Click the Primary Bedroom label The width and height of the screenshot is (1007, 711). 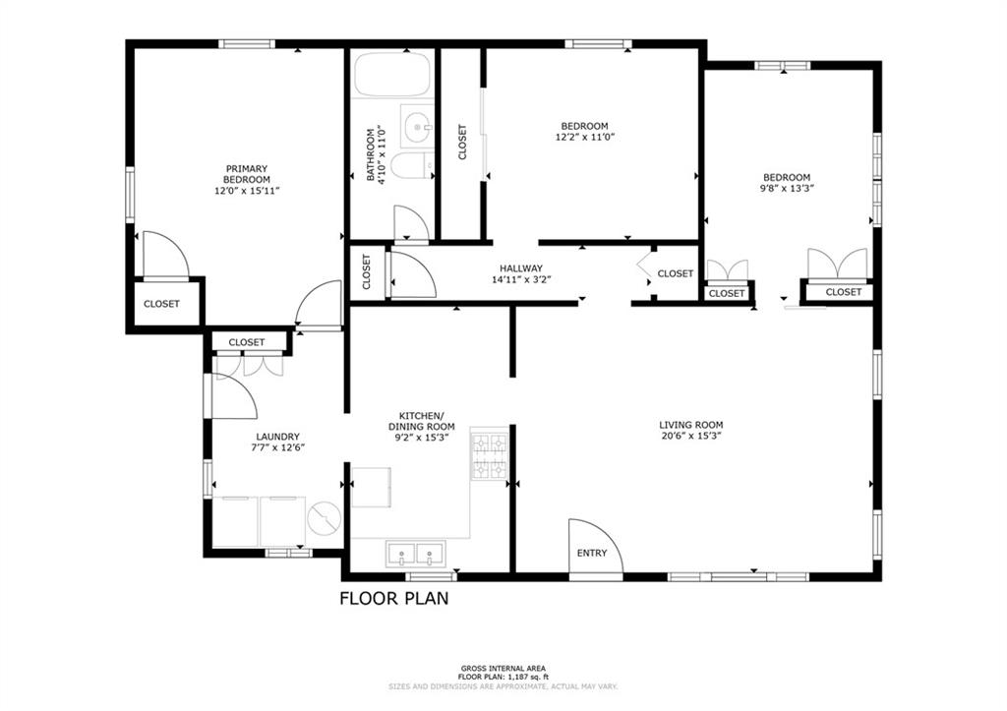tap(247, 174)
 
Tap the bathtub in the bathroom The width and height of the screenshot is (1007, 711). tap(393, 75)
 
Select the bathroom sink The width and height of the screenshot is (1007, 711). tap(417, 125)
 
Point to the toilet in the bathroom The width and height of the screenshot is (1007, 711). tap(413, 166)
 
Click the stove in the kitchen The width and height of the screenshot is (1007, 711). tap(490, 456)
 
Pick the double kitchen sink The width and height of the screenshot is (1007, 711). tap(416, 553)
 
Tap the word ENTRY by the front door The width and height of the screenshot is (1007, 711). tap(591, 553)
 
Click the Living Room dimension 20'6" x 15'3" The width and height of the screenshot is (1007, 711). tap(691, 436)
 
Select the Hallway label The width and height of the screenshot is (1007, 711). tap(521, 268)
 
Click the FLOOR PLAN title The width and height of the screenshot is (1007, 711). tap(393, 599)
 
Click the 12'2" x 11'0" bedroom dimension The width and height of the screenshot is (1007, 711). tap(584, 137)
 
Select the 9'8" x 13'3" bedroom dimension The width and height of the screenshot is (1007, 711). tap(787, 188)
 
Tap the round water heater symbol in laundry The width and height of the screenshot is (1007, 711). tap(325, 518)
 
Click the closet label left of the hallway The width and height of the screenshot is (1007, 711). tap(367, 272)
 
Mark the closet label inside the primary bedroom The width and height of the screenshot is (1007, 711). tap(161, 304)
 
